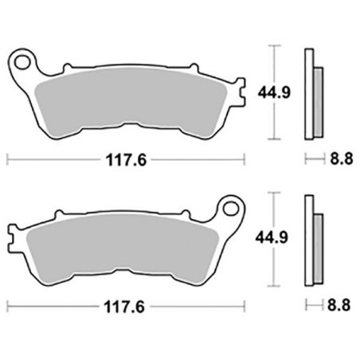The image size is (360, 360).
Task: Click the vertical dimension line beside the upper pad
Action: [275, 93]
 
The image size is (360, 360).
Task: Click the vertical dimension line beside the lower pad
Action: [275, 237]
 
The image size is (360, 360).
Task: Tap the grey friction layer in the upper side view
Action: [318, 100]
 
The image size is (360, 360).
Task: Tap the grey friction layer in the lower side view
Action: [318, 245]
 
